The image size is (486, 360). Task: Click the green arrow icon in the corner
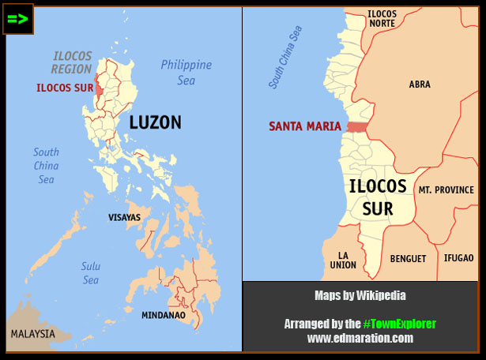tap(18, 19)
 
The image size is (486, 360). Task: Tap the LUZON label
tap(155, 122)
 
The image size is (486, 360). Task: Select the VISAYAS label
tap(124, 217)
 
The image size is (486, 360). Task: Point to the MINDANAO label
tap(163, 315)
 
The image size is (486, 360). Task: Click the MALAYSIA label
tap(32, 334)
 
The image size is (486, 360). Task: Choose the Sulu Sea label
tap(91, 273)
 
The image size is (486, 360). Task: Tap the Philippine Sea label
tap(186, 71)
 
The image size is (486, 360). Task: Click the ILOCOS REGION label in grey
tap(72, 63)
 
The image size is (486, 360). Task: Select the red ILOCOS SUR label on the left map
tap(64, 88)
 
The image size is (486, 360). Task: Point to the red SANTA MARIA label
tap(304, 126)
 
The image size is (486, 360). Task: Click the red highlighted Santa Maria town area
tap(357, 127)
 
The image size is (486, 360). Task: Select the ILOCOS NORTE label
tap(382, 18)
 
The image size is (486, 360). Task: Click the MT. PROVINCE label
tap(446, 190)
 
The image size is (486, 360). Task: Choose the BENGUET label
tap(408, 259)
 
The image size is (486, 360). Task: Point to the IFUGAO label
tap(458, 258)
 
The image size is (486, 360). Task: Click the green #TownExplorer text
tap(399, 324)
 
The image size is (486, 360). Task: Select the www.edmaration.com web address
tap(360, 338)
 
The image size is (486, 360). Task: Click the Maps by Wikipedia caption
tap(360, 296)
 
